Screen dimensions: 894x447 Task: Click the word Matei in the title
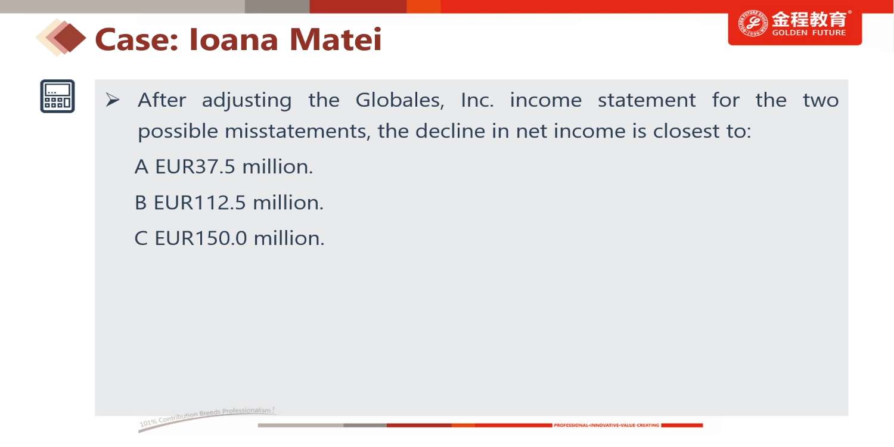pyautogui.click(x=335, y=39)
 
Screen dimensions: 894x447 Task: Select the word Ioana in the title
pyautogui.click(x=234, y=39)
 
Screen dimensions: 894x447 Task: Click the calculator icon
pyautogui.click(x=57, y=96)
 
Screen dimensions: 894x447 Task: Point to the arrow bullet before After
pyautogui.click(x=113, y=100)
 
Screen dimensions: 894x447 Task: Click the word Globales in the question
pyautogui.click(x=400, y=100)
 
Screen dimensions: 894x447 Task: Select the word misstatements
pyautogui.click(x=298, y=131)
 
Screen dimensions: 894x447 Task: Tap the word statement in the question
pyautogui.click(x=647, y=100)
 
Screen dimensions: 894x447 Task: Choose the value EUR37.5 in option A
pyautogui.click(x=195, y=166)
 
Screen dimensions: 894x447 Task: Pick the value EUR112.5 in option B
pyautogui.click(x=200, y=203)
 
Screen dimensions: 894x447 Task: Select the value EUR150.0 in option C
pyautogui.click(x=200, y=238)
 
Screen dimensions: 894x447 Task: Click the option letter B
pyautogui.click(x=141, y=203)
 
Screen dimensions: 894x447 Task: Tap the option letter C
pyautogui.click(x=141, y=238)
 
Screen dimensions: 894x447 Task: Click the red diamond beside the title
pyautogui.click(x=70, y=38)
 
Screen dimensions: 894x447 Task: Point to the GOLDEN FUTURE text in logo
pyautogui.click(x=809, y=33)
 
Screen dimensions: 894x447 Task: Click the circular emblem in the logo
pyautogui.click(x=753, y=24)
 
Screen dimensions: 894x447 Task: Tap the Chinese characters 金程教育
pyautogui.click(x=809, y=18)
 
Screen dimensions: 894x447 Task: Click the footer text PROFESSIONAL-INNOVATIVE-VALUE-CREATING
pyautogui.click(x=607, y=426)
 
